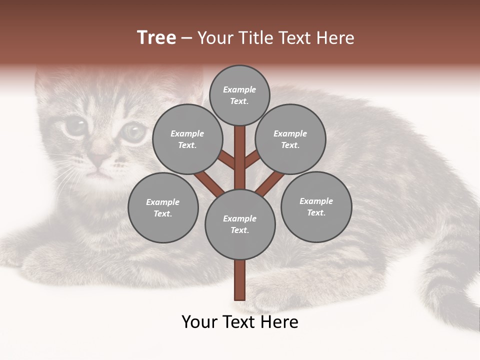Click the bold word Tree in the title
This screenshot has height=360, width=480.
[156, 38]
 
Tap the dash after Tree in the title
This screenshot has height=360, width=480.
[186, 38]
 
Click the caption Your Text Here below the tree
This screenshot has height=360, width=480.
[240, 322]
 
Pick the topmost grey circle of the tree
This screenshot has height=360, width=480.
[239, 95]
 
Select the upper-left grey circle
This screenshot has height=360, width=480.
[187, 139]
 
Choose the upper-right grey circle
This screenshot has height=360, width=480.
[290, 139]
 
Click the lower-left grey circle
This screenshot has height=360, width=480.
[163, 207]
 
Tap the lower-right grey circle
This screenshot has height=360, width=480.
[316, 206]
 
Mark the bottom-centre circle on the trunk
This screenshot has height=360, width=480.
[240, 224]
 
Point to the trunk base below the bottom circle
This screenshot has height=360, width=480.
[240, 280]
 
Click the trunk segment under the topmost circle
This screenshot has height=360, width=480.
[240, 150]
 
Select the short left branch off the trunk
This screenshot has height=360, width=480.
[226, 160]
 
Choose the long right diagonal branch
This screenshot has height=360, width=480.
[270, 183]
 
